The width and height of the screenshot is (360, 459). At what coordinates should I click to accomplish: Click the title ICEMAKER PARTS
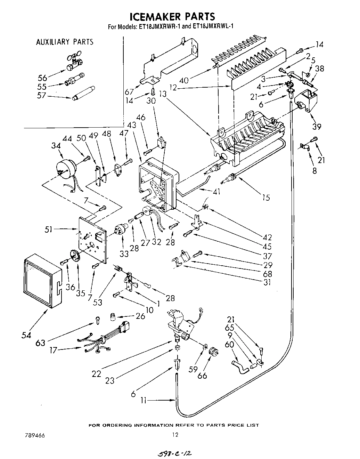coord(172,16)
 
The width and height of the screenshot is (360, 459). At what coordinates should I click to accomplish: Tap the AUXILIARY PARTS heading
coord(65,42)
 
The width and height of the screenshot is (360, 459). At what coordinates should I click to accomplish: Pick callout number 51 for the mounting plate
coord(49,229)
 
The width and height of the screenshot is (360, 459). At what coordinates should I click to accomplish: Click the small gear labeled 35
coord(74,257)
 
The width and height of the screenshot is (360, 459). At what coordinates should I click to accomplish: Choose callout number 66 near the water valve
coord(202,376)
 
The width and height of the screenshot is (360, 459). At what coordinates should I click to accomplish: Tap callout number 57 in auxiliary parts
coord(41,95)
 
